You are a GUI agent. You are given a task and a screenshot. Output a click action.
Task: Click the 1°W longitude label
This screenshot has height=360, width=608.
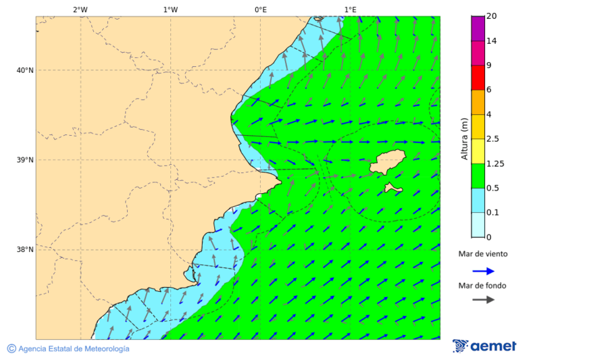170,9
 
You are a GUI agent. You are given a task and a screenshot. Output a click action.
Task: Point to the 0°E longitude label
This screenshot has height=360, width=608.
260,9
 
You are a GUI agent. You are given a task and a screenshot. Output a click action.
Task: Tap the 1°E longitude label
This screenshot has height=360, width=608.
350,9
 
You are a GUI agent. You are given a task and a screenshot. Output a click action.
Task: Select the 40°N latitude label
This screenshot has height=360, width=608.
25,70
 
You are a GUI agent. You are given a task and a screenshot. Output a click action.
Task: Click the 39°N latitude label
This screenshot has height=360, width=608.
25,160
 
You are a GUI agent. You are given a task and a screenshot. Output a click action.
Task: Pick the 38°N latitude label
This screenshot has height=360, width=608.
25,250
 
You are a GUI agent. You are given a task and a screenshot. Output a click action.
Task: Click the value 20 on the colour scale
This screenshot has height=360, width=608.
491,16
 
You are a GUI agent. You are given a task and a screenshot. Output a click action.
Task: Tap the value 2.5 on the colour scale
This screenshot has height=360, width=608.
492,139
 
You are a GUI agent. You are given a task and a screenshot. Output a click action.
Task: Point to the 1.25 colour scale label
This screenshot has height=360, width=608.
495,163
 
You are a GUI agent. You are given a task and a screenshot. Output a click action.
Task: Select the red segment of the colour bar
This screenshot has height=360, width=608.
478,78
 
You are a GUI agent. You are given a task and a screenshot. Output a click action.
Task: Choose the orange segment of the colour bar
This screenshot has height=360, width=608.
478,102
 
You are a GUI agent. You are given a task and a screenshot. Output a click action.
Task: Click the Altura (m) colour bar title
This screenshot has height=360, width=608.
464,138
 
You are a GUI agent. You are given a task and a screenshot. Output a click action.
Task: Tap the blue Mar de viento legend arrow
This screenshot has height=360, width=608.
483,271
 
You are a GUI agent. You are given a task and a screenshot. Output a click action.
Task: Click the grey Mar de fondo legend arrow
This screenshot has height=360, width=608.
483,300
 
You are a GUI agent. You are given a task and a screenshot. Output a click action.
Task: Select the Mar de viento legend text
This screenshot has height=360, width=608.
482,255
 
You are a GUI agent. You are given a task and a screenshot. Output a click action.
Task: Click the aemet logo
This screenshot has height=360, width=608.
484,346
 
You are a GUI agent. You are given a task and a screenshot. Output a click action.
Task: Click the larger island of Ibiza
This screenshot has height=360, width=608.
388,161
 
